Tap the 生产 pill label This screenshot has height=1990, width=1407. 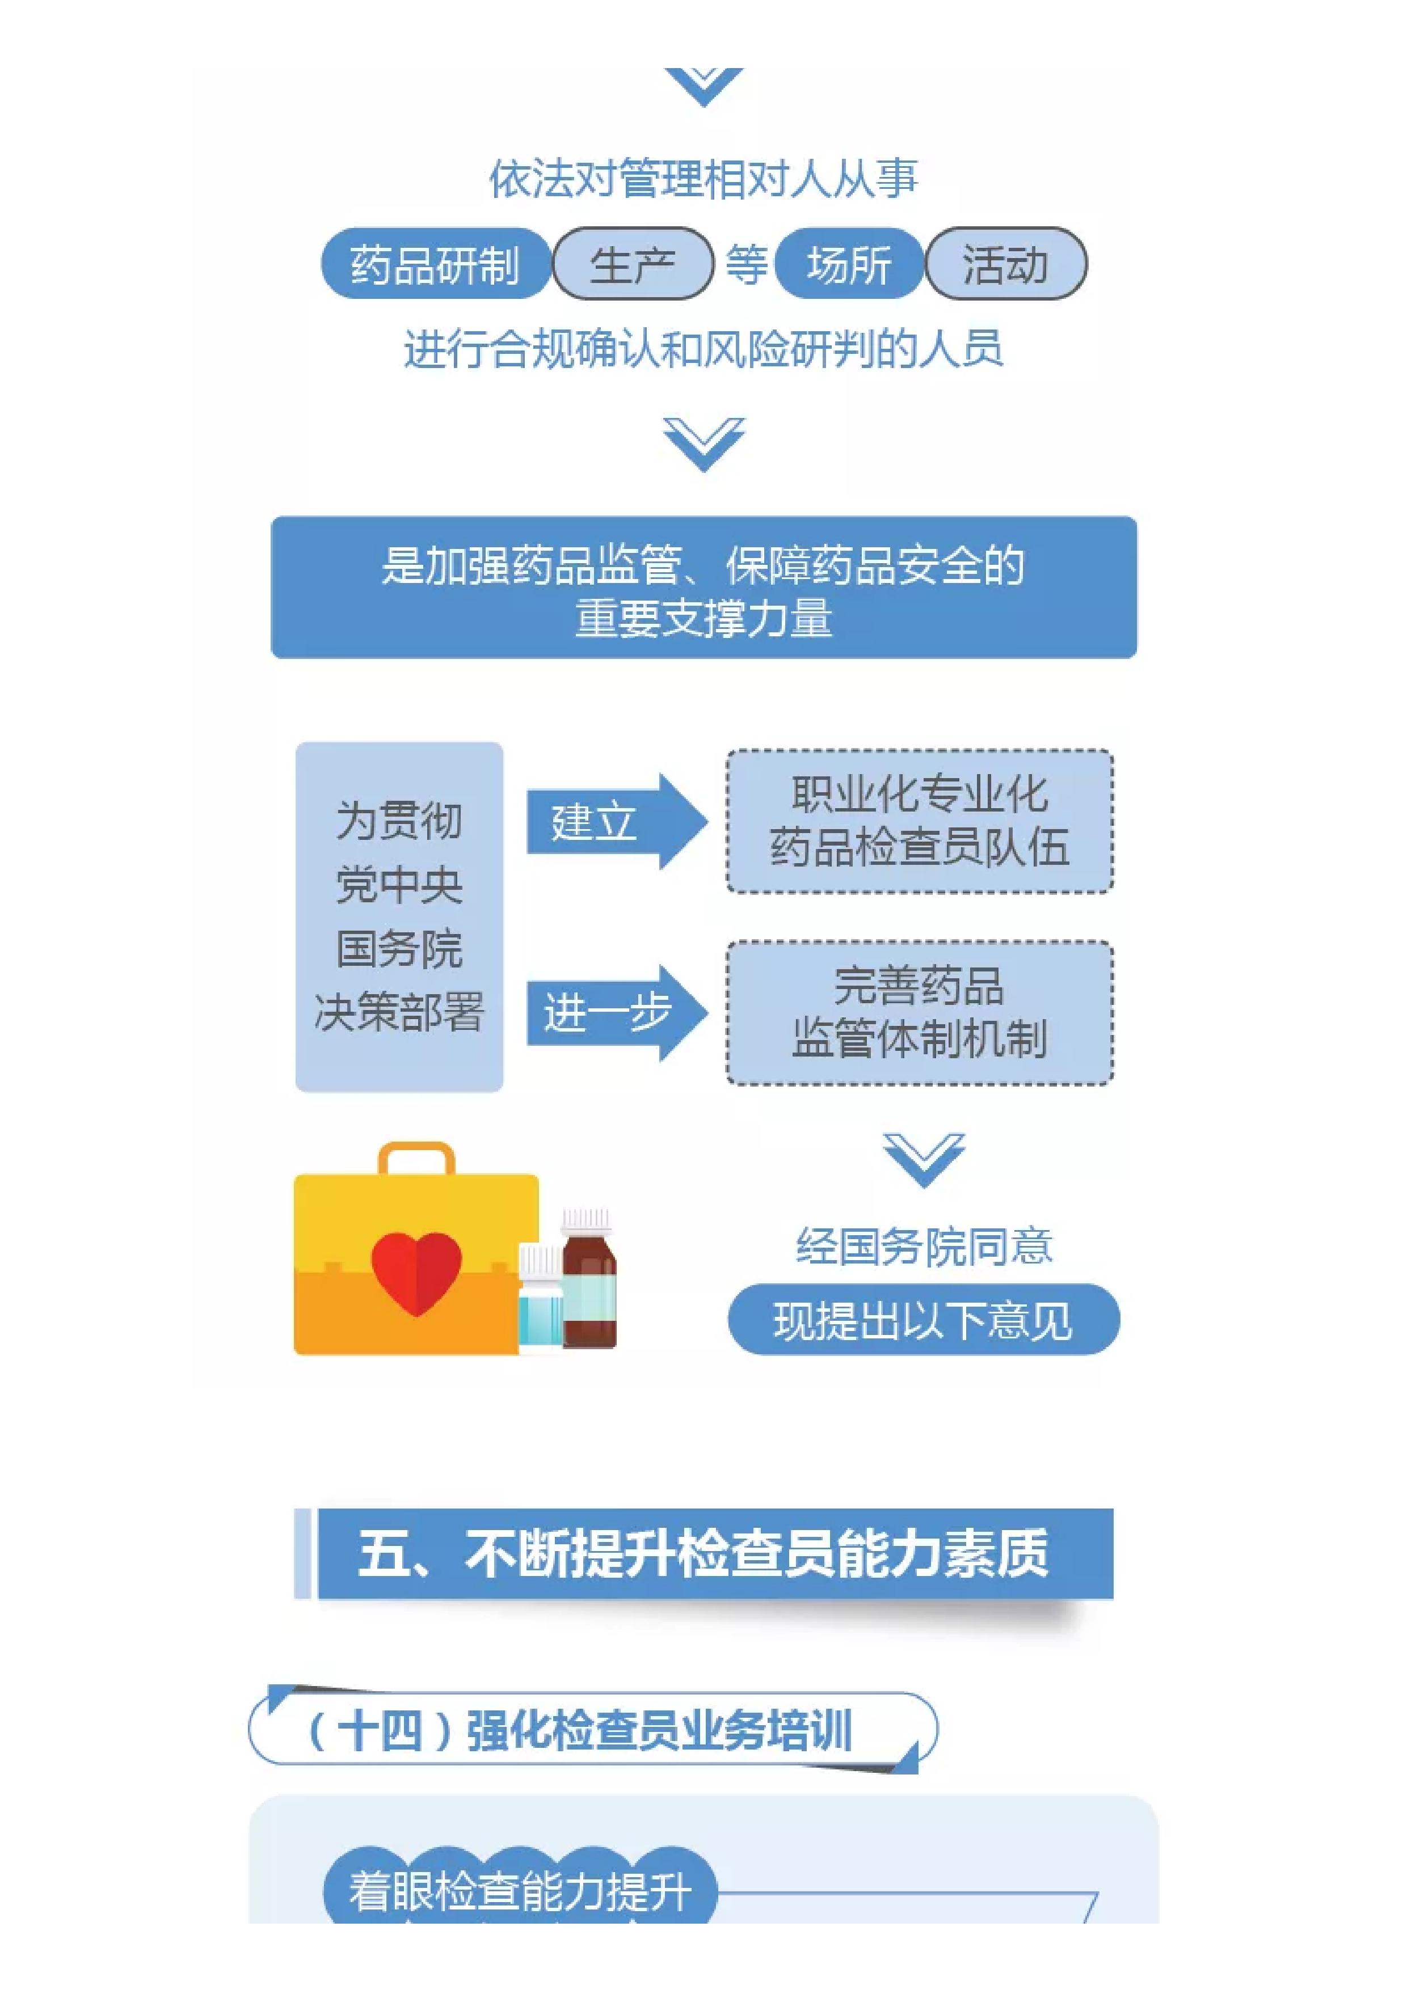point(633,264)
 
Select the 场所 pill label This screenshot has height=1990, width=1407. point(849,264)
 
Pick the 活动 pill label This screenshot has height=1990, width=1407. point(1006,264)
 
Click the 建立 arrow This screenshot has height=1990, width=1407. point(616,821)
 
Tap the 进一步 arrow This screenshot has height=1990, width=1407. point(616,1012)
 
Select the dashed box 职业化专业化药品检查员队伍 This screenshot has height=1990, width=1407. point(919,821)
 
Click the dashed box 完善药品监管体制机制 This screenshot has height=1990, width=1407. point(919,1012)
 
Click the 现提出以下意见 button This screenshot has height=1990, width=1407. point(923,1321)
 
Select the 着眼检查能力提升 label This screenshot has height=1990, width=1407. point(520,1891)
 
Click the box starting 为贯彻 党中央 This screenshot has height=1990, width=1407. point(399,916)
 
